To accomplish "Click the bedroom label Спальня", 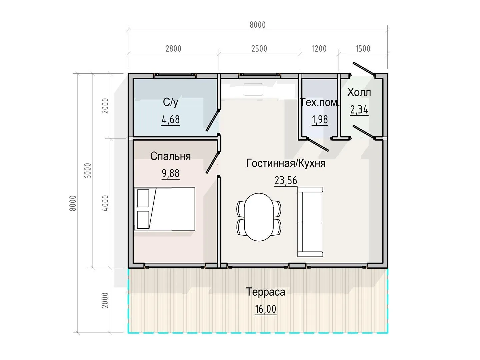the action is click(170, 156).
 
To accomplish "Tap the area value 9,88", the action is click(171, 174).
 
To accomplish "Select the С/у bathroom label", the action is click(171, 102).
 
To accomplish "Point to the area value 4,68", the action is click(171, 120).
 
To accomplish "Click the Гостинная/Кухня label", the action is click(286, 163).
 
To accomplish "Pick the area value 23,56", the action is click(286, 181).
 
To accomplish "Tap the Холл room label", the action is click(359, 92).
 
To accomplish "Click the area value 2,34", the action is click(359, 110).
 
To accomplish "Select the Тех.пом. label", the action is click(320, 102).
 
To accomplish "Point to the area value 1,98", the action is click(320, 120).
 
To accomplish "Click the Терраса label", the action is click(265, 292).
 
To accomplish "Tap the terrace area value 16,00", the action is click(265, 309).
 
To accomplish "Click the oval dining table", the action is click(259, 217).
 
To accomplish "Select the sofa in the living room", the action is click(310, 222).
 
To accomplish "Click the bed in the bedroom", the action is click(164, 209).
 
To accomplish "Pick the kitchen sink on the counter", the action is click(253, 89).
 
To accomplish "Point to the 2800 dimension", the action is click(173, 49).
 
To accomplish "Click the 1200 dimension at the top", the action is click(319, 49).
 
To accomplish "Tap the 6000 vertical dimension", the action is click(88, 171).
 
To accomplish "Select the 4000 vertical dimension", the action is click(105, 203).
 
